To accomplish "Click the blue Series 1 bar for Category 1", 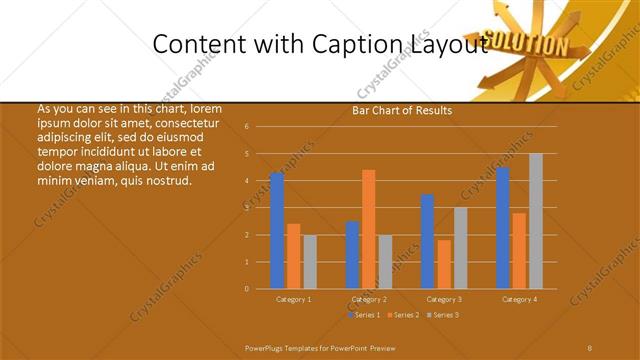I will pyautogui.click(x=277, y=231).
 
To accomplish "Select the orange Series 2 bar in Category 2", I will pyautogui.click(x=369, y=229).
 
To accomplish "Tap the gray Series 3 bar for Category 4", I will pyautogui.click(x=536, y=221).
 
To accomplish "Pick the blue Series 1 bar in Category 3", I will pyautogui.click(x=428, y=242).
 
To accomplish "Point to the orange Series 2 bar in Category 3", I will pyautogui.click(x=444, y=264).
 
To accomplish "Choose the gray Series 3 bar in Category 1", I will pyautogui.click(x=310, y=262).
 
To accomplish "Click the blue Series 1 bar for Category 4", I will pyautogui.click(x=503, y=228).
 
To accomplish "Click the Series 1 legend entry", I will pyautogui.click(x=364, y=315).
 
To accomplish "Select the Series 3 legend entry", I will pyautogui.click(x=444, y=315).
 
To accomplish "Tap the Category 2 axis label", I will pyautogui.click(x=369, y=299).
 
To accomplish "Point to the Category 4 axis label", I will pyautogui.click(x=519, y=299).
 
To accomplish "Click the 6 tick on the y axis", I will pyautogui.click(x=247, y=127).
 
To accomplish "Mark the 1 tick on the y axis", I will pyautogui.click(x=247, y=262).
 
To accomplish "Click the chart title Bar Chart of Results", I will pyautogui.click(x=402, y=110).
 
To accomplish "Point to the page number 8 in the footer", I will pyautogui.click(x=590, y=346).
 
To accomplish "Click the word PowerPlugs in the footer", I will pyautogui.click(x=267, y=346).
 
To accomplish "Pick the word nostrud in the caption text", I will pyautogui.click(x=168, y=181).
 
